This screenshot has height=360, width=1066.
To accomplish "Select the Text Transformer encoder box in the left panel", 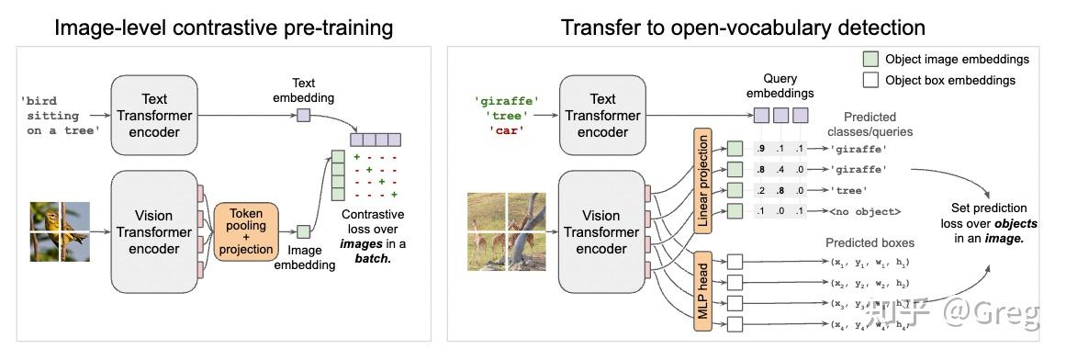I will [x=154, y=116].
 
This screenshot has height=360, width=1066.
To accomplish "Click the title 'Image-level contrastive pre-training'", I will [x=223, y=28].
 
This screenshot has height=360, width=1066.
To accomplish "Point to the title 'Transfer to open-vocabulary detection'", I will [x=743, y=28].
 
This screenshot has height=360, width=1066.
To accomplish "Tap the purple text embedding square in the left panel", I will [x=303, y=116].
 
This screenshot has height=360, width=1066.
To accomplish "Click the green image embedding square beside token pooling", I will [x=304, y=232].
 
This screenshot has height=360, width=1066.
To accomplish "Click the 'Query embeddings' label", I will [x=780, y=87].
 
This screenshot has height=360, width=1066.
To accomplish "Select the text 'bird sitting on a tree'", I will [x=62, y=117].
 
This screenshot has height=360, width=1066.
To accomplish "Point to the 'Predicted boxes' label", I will [x=870, y=242].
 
